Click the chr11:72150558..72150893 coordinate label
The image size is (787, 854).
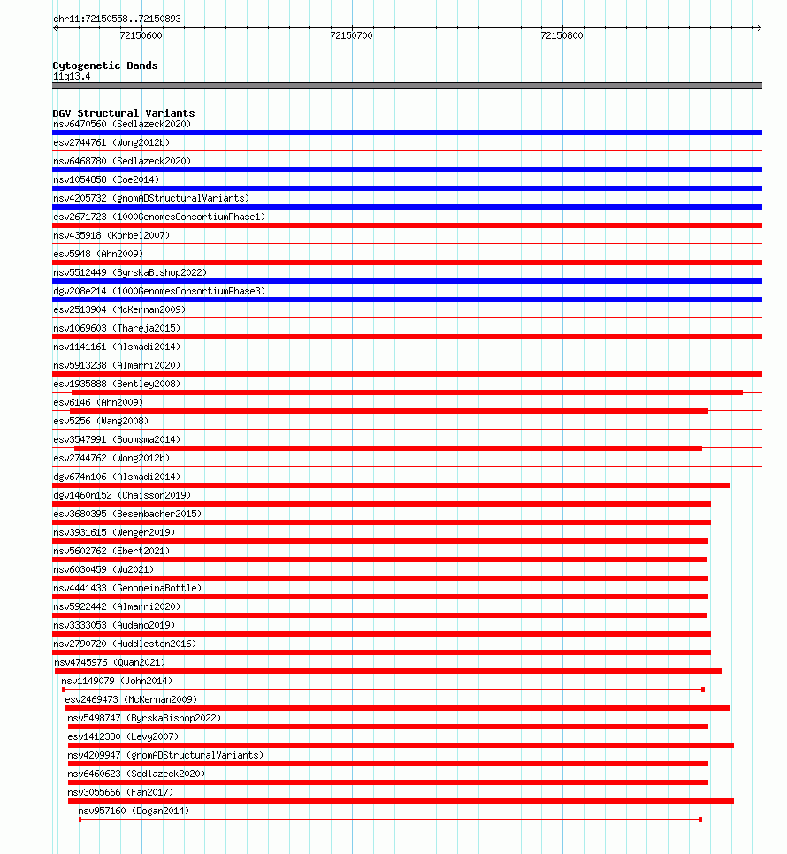coord(118,19)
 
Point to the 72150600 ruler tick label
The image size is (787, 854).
coord(141,35)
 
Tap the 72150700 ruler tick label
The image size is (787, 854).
coord(351,35)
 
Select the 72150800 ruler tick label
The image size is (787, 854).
coord(562,35)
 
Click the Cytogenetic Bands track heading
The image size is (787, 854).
coord(105,65)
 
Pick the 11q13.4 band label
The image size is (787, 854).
coord(72,76)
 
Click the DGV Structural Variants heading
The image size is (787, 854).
coord(124,113)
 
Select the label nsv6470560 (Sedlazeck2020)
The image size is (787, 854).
coord(122,124)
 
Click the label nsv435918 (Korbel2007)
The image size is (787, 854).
coord(111,235)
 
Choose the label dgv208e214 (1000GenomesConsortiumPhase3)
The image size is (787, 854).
coord(159,291)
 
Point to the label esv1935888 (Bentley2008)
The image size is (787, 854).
coord(117,384)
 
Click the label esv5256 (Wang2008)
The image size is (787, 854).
coord(101,421)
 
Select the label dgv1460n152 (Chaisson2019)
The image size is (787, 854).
coord(122,495)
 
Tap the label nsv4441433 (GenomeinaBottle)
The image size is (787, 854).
coord(127,588)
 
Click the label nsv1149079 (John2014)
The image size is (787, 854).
coord(117,681)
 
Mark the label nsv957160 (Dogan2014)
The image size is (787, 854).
coord(134,811)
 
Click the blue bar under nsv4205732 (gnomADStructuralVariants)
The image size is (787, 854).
coord(407,207)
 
